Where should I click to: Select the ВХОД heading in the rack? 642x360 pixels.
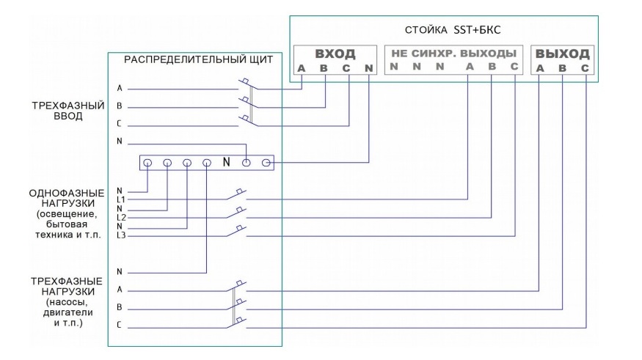coord(335,54)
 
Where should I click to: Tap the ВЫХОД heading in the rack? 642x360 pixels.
coord(563,54)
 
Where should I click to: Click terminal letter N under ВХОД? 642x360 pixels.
coord(368,69)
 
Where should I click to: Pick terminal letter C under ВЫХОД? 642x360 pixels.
coord(585,69)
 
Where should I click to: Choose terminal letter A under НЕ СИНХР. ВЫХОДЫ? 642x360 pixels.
coord(469,67)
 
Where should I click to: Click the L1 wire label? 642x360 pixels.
coord(122,199)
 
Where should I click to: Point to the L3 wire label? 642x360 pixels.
coord(122,236)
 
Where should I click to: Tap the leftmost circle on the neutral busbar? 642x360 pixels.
coord(147,162)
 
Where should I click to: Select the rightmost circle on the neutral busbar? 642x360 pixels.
coord(266,162)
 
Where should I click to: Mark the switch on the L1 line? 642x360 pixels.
coord(240,196)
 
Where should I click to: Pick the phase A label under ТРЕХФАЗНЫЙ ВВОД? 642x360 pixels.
coord(120,88)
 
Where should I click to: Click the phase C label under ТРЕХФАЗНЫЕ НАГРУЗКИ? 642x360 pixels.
coord(120,325)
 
